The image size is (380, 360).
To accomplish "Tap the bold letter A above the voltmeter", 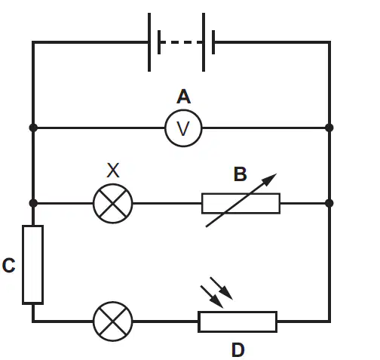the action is click(184, 97).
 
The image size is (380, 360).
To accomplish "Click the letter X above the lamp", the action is click(113, 171).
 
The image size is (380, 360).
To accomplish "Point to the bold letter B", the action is click(240, 174).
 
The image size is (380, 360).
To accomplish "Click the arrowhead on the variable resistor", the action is click(269, 179).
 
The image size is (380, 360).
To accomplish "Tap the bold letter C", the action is click(8, 265).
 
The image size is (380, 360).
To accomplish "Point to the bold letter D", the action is click(237, 350).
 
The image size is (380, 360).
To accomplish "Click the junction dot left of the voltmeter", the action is click(33, 128).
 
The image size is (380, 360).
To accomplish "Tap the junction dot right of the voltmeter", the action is click(329, 128).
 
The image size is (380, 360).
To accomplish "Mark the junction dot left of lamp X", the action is click(33, 203).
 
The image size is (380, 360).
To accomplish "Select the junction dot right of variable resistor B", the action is click(329, 203).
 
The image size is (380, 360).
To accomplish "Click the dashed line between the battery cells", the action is click(181, 42).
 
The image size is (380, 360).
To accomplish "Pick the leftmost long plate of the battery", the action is click(149, 42).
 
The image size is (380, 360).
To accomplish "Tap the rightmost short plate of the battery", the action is click(213, 42).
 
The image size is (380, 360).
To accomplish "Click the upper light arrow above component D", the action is click(222, 288).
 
